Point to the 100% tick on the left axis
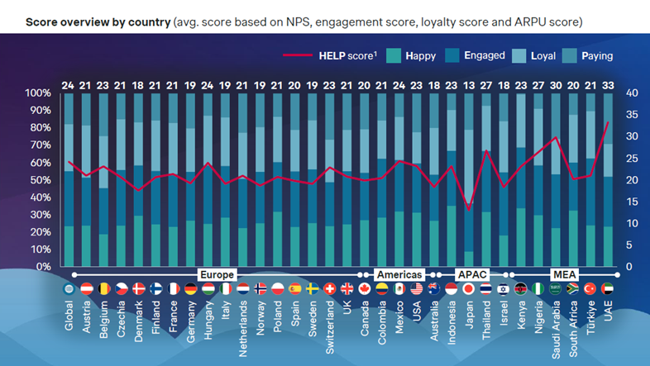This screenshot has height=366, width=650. coord(38,93)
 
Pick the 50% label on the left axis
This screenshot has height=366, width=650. coord(40,180)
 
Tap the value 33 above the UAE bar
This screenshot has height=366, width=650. coord(609,85)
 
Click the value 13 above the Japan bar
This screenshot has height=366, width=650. coord(469,85)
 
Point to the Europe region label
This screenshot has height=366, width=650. coord(217,274)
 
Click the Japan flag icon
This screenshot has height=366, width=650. coord(469,289)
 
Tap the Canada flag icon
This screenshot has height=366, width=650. coord(365,289)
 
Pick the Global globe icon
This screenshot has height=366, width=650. coord(69,289)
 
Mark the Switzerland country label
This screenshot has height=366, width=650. coord(330,327)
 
